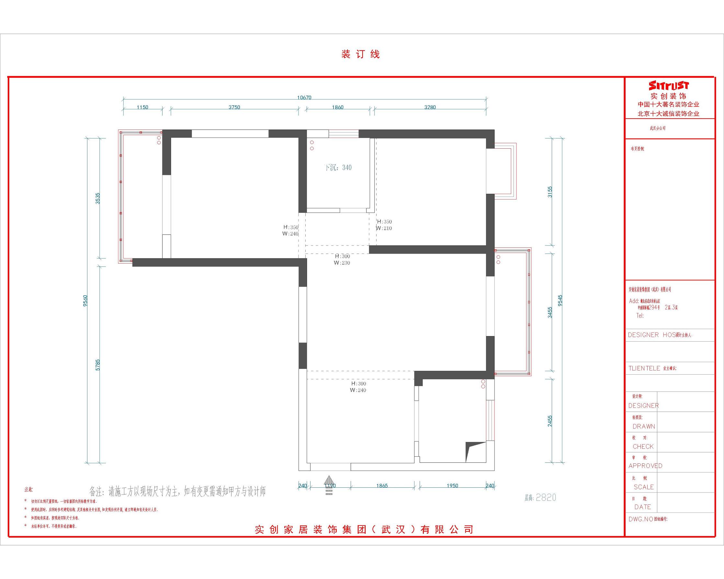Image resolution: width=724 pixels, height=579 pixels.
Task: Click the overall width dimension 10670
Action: pos(304,98)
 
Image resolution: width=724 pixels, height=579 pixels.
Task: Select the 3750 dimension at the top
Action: pos(234,108)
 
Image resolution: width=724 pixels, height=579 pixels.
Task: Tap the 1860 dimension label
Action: pos(337,108)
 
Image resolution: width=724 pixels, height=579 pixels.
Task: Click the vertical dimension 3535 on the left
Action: pos(98,198)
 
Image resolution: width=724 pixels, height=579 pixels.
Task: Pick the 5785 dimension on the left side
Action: pos(98,365)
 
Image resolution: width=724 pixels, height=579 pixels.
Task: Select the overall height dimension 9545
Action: pos(560,301)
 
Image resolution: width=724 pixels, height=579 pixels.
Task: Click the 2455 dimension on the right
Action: pos(550,421)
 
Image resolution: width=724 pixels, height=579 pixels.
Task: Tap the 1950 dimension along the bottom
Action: pos(452,486)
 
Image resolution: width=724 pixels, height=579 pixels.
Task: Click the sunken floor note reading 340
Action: pos(338,168)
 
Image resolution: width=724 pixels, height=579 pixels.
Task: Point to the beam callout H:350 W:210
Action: pos(384,225)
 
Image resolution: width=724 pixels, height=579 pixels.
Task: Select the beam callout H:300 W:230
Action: pos(342,260)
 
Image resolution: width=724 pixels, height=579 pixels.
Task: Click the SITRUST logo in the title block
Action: pos(669,85)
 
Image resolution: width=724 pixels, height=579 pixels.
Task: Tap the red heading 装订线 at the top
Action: pos(360,54)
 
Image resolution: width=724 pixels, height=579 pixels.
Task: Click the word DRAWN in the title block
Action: pos(644,426)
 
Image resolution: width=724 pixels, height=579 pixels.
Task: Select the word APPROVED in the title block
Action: pos(645,466)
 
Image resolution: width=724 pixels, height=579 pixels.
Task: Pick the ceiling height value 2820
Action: pos(546,498)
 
